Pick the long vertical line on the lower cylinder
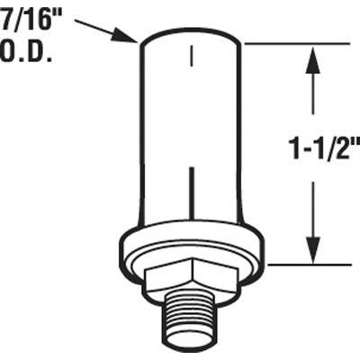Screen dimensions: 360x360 click(x=191, y=193)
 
